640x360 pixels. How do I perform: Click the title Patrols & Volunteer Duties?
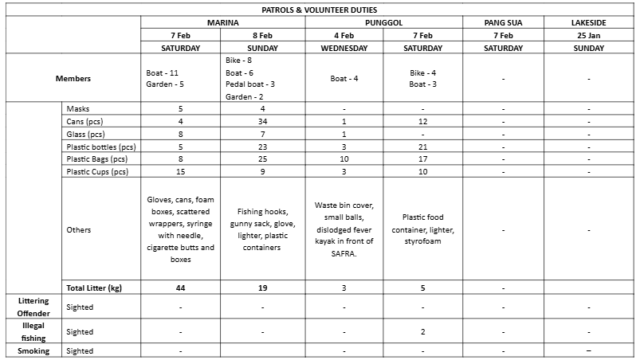click(320, 10)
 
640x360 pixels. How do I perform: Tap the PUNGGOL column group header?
click(383, 22)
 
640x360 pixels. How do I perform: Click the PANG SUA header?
click(503, 22)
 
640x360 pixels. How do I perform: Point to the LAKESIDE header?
click(588, 22)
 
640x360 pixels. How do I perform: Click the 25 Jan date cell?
click(588, 36)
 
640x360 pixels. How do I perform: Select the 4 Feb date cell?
click(344, 36)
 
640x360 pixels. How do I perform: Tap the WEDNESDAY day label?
click(344, 48)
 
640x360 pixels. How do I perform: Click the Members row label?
click(73, 79)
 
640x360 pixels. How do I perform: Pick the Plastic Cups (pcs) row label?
click(98, 171)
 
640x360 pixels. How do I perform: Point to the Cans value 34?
click(263, 121)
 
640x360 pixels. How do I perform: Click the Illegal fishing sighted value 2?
click(422, 332)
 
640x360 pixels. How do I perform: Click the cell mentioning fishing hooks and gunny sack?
click(263, 229)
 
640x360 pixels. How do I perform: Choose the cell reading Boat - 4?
click(344, 79)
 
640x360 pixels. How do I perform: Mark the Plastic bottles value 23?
click(263, 147)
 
